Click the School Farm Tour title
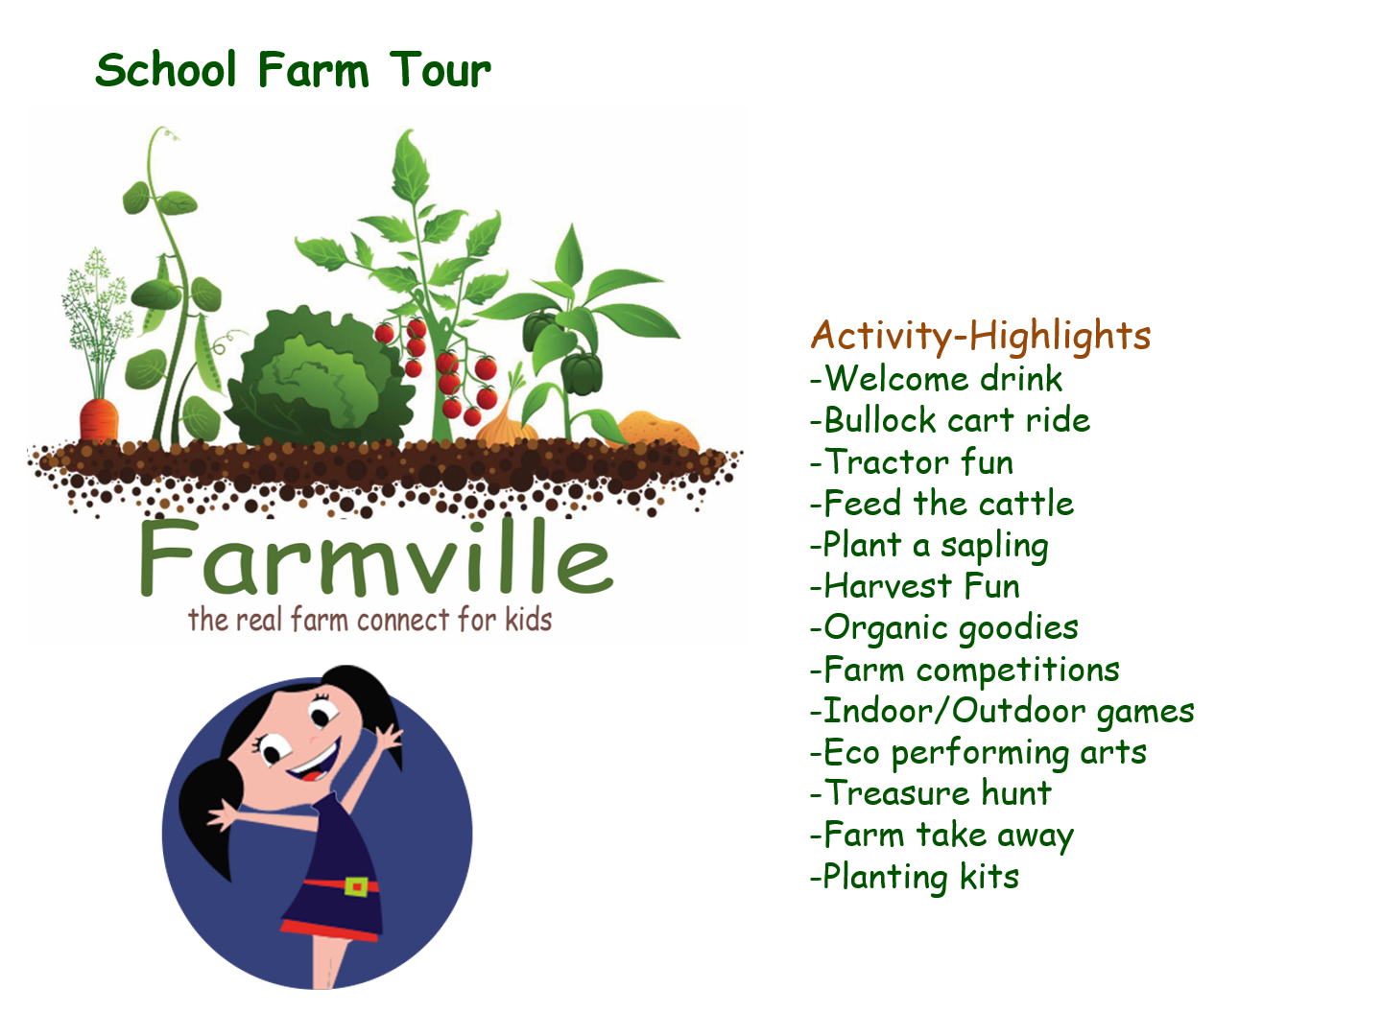[293, 69]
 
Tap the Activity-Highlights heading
[980, 337]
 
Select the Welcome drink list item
[937, 379]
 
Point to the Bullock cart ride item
[950, 420]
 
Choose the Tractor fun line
[912, 461]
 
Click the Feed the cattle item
[941, 504]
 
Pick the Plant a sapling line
[929, 546]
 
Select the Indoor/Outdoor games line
[1002, 712]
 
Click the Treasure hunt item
[931, 793]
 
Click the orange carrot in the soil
[99, 419]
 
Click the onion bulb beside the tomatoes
[506, 425]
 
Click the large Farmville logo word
[376, 558]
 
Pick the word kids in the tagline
[528, 620]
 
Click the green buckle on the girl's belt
[356, 886]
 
